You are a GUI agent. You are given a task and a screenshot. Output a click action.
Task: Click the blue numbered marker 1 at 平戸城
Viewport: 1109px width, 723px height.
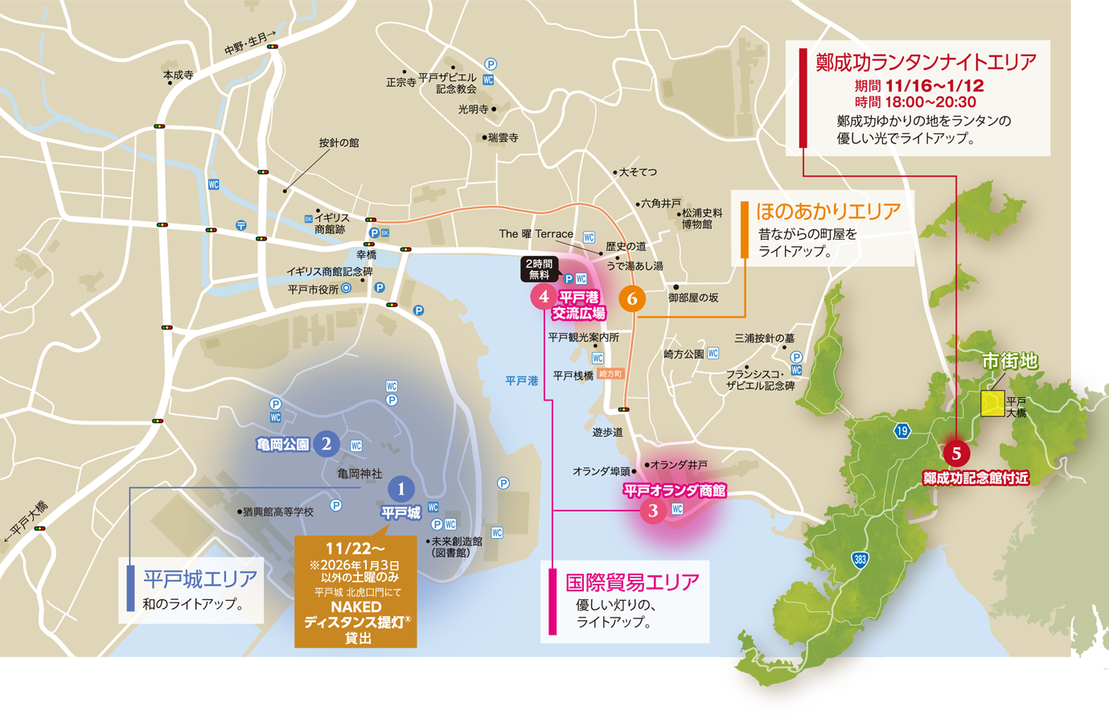pos(400,488)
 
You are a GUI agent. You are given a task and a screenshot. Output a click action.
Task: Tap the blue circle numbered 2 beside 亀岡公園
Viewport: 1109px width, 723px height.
pos(326,443)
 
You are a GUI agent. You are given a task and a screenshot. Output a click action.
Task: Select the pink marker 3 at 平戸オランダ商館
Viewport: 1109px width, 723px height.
pos(653,510)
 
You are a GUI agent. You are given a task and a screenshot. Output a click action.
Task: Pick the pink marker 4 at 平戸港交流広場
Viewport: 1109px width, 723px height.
pos(543,296)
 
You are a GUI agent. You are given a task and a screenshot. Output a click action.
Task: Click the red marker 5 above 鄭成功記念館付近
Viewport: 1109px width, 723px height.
pos(956,453)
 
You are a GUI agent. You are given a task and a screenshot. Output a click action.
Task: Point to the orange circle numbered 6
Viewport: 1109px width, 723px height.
pos(632,298)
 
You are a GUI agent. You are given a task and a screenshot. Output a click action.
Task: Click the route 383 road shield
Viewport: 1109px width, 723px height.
pos(860,560)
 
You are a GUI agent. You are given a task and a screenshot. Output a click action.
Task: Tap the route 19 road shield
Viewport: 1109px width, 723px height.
pos(902,431)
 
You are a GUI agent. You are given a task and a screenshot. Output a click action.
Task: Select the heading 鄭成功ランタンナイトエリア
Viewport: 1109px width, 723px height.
pos(925,62)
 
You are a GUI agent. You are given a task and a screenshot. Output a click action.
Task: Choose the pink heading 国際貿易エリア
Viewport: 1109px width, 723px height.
pos(632,581)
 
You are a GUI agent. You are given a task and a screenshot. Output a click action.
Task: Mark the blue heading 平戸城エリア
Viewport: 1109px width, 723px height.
pos(199,578)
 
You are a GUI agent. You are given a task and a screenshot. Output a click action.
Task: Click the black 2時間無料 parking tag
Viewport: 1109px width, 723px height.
pos(539,269)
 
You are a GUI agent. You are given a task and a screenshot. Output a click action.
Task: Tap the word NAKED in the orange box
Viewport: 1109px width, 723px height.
pos(355,607)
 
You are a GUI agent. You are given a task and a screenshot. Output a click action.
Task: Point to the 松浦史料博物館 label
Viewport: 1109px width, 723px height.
pos(702,219)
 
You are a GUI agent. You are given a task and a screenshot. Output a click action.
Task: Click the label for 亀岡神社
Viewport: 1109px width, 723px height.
pos(359,474)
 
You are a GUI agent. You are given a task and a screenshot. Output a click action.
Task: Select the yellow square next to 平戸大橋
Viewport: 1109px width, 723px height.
pos(992,403)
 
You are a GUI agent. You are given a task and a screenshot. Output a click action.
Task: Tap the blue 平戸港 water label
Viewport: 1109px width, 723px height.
pos(521,380)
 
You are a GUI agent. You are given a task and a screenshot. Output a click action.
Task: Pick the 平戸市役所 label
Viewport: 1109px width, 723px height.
pos(313,290)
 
